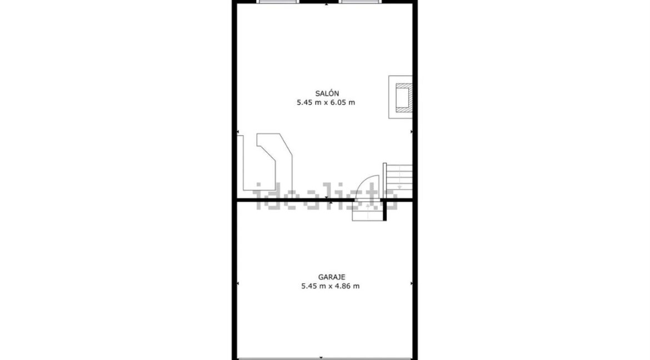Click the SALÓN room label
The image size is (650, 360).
[327, 94]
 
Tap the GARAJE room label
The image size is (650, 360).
[332, 277]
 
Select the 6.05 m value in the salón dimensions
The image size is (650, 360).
[342, 102]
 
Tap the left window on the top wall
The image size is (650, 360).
[278, 2]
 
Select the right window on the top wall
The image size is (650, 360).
[360, 2]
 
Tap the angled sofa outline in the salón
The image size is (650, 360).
[276, 162]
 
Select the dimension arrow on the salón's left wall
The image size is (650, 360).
[238, 132]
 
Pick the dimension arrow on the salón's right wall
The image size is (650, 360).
[411, 132]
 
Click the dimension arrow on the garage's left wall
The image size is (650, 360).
[238, 284]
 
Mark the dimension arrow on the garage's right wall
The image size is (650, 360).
[411, 284]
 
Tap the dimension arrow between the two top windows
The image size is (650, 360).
[327, 4]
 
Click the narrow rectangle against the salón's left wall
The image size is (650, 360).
[240, 162]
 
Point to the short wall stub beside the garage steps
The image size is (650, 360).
[384, 211]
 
